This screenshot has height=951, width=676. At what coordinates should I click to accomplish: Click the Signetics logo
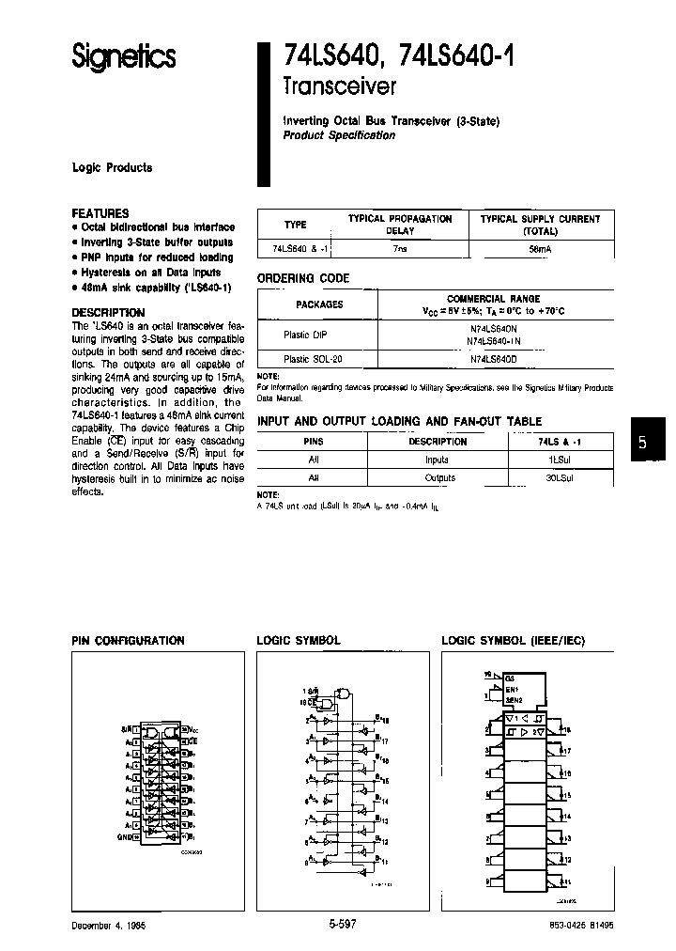(x=124, y=57)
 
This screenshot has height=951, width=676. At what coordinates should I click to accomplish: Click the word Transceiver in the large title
(x=340, y=86)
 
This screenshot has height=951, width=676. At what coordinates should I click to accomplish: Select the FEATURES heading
(x=100, y=213)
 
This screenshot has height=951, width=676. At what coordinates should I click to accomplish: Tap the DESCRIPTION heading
(x=108, y=312)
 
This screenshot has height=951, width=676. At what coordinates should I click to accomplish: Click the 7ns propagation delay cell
(x=400, y=250)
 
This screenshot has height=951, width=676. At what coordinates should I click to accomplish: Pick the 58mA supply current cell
(x=540, y=250)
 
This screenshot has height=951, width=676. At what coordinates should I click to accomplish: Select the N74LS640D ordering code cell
(x=494, y=358)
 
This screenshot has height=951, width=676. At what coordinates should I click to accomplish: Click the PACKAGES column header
(x=319, y=304)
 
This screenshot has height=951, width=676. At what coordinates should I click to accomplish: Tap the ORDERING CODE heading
(x=302, y=278)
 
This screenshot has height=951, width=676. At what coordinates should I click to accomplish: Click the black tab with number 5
(x=642, y=444)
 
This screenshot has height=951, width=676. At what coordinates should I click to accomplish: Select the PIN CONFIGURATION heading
(x=128, y=640)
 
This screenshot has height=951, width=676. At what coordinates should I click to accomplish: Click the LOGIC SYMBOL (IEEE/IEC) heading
(x=513, y=640)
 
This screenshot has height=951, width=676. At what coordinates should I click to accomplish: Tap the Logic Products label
(x=112, y=168)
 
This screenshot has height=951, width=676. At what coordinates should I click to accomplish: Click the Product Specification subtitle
(x=339, y=135)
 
